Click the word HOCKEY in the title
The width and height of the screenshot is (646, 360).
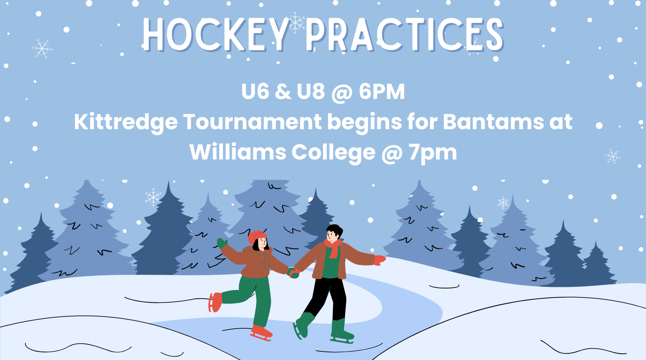click(x=216, y=34)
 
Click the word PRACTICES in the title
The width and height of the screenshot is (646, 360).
click(x=405, y=34)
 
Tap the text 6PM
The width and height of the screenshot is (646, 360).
click(x=382, y=92)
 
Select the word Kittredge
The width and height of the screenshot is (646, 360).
click(x=126, y=123)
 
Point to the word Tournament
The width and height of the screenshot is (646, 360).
click(x=252, y=122)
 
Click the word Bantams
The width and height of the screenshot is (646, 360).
click(x=493, y=122)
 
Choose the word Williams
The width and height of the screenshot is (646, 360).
click(x=238, y=152)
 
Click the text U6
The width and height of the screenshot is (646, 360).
click(x=255, y=92)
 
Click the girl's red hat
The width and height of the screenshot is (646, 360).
click(x=256, y=236)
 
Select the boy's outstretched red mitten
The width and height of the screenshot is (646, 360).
click(x=379, y=260)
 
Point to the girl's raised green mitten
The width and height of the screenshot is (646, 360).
click(x=222, y=243)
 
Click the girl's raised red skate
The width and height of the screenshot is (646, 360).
click(x=216, y=302)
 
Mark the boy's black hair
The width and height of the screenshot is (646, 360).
click(x=335, y=230)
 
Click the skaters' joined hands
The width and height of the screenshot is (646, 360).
click(x=294, y=272)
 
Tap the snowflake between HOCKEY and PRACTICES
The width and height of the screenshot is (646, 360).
click(x=296, y=23)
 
